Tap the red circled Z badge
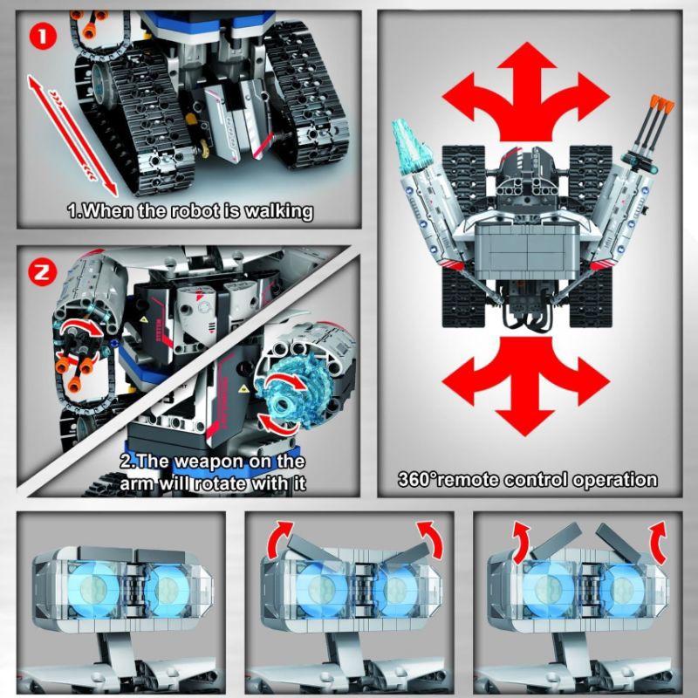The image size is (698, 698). pos(42,271)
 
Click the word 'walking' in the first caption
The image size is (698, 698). pos(271,210)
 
